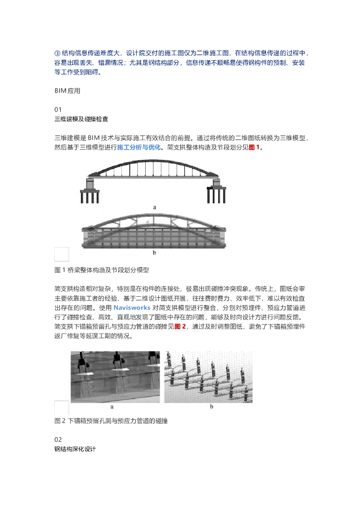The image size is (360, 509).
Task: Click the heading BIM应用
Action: [x=67, y=91]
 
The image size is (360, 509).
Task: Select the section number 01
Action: [x=58, y=109]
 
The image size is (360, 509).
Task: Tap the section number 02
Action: [x=58, y=439]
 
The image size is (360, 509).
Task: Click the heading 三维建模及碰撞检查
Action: [x=81, y=119]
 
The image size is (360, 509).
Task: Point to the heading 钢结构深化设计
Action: [x=75, y=449]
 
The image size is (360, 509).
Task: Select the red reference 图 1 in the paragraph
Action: [x=255, y=148]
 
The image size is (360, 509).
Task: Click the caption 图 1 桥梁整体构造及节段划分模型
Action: [x=101, y=270]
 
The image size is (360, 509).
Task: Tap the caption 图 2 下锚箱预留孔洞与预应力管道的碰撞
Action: [x=111, y=422]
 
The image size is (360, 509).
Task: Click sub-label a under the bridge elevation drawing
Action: [x=155, y=206]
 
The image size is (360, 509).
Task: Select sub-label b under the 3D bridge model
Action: [x=155, y=253]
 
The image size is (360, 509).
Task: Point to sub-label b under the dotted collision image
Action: [x=211, y=407]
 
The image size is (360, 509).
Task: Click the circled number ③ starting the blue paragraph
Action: [x=57, y=53]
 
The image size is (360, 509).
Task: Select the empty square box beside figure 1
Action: [x=62, y=254]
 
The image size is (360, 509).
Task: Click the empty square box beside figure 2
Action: [x=62, y=408]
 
